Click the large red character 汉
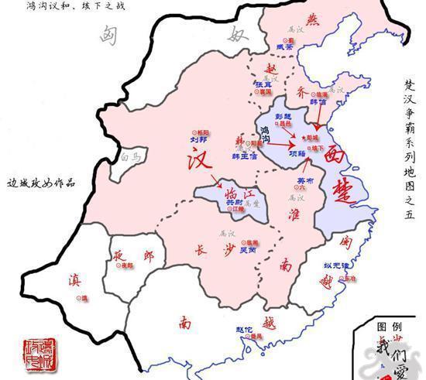(200, 160)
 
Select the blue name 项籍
(297, 153)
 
